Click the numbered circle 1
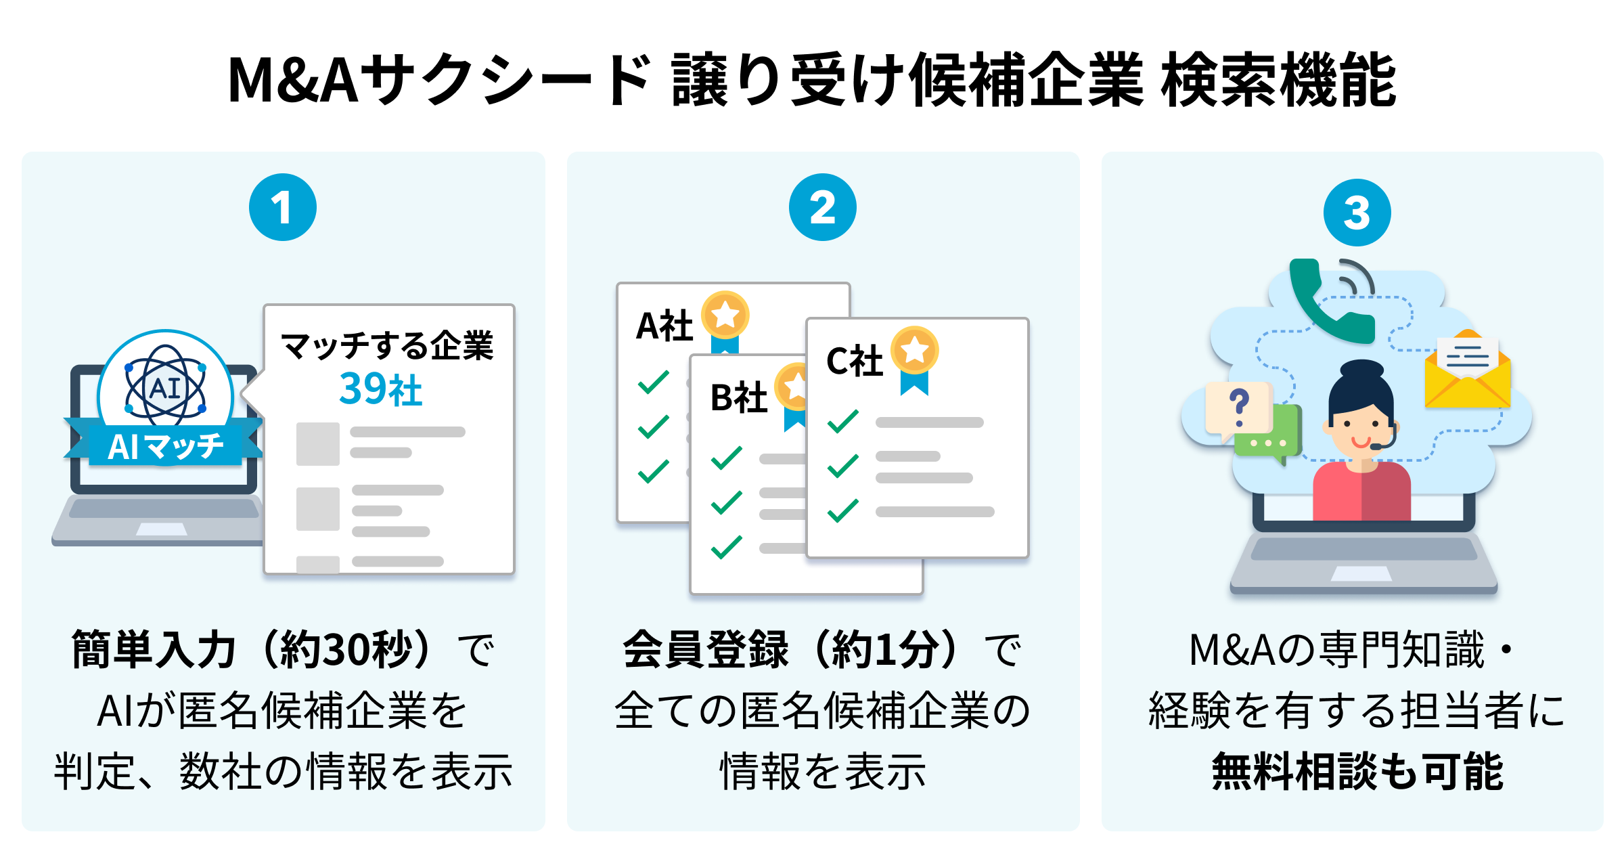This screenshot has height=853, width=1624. click(x=282, y=207)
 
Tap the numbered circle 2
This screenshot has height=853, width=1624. click(x=822, y=207)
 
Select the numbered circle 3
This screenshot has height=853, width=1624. click(x=1357, y=213)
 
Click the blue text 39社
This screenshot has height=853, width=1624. click(x=380, y=390)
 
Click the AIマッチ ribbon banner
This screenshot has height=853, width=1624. click(x=165, y=447)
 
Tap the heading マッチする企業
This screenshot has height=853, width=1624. click(x=387, y=346)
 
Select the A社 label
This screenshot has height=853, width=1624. click(x=664, y=326)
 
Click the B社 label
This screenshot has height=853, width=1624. click(x=738, y=397)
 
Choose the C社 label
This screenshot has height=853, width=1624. click(x=855, y=361)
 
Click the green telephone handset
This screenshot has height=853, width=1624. click(x=1326, y=305)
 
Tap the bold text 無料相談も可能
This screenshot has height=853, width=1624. click(x=1357, y=771)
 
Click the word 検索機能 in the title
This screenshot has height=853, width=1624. click(x=1279, y=80)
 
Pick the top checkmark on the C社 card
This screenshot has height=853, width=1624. click(x=843, y=421)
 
